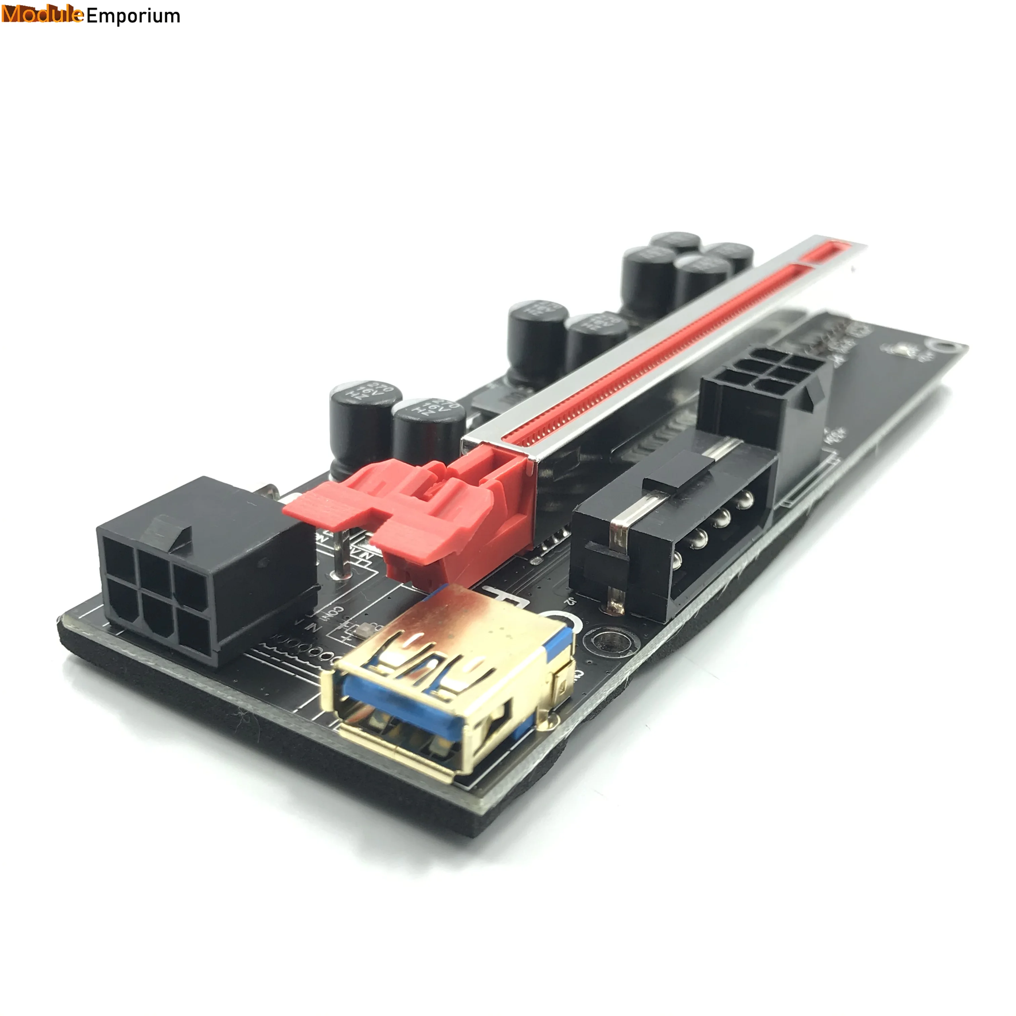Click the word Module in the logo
[x=42, y=15]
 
